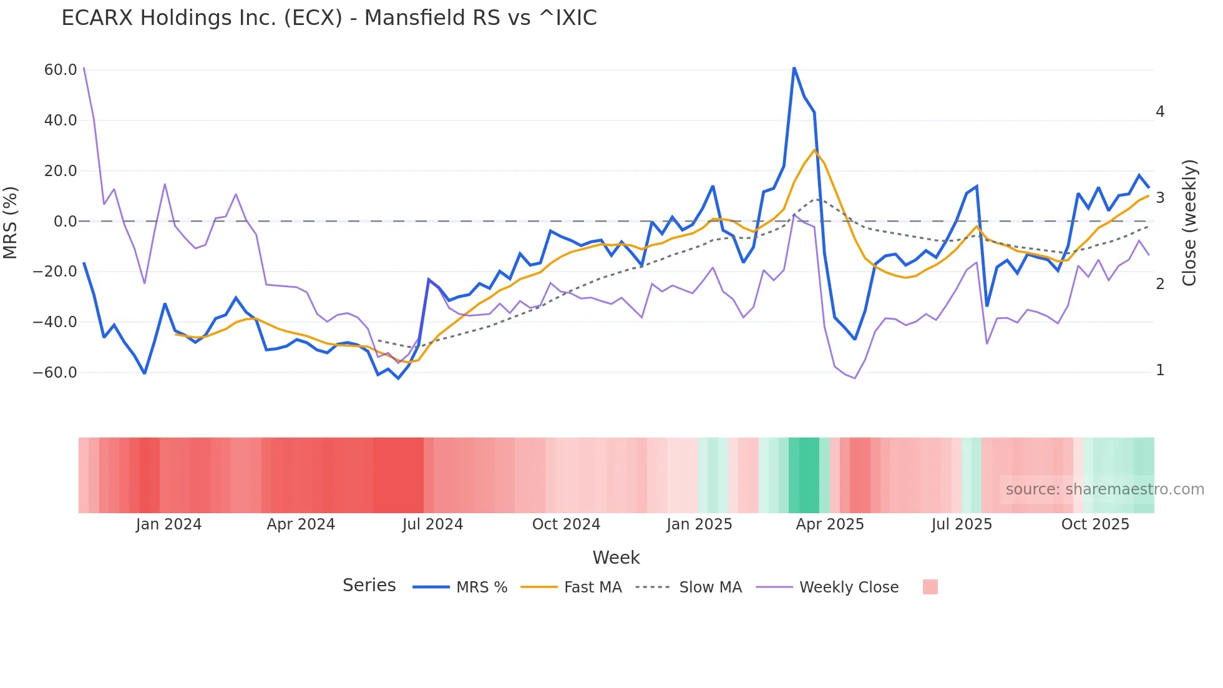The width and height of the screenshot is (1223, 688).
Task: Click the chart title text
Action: point(329,18)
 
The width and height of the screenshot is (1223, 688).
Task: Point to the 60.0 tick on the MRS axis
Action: point(61,70)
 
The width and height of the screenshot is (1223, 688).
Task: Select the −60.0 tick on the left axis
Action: point(55,373)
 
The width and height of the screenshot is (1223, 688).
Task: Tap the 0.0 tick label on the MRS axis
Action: point(65,222)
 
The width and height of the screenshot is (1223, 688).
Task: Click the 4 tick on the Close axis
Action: point(1160,112)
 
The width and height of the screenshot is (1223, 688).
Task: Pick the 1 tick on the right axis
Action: point(1160,370)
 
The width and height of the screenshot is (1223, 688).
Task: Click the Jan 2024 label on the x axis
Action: point(168,524)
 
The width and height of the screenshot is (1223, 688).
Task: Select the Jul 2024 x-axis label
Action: point(432,524)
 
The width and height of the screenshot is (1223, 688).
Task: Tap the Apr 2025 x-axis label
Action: point(830,524)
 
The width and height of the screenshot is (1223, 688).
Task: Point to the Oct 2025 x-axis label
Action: point(1095,524)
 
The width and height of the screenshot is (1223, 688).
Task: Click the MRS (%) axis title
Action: point(11,222)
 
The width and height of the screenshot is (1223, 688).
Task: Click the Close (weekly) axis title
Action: point(1190,222)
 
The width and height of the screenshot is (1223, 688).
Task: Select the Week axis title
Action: point(616,558)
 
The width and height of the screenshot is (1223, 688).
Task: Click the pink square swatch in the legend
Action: point(930,587)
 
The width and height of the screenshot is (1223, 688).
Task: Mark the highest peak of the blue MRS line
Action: point(794,67)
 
